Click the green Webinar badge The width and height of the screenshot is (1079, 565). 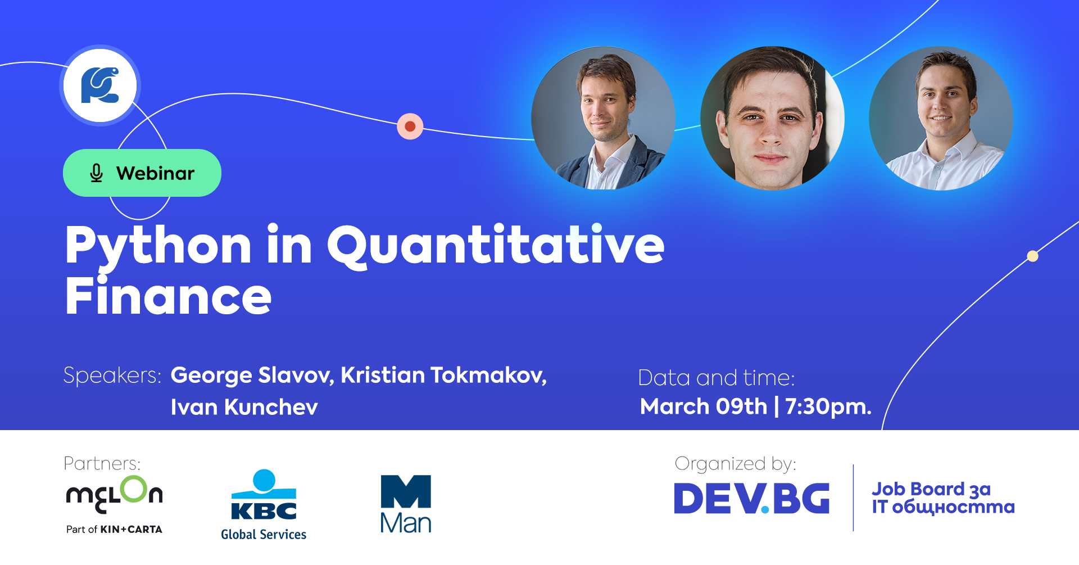[142, 173]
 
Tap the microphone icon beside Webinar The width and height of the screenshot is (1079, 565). [97, 173]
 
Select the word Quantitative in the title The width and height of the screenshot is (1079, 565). [496, 245]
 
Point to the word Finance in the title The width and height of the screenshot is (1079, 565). [168, 296]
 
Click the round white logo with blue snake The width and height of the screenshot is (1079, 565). [100, 85]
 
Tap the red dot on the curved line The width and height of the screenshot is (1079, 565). [410, 126]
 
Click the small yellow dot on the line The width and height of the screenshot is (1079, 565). [1032, 256]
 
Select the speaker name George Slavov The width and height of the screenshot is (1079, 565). [252, 376]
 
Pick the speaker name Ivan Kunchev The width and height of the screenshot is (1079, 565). [244, 407]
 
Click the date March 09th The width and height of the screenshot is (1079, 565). [704, 406]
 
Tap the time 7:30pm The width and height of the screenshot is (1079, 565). [828, 406]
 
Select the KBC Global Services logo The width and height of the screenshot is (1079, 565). [264, 505]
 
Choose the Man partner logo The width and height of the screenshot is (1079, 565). [406, 504]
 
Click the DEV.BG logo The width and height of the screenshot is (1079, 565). [751, 498]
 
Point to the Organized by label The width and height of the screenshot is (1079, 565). [735, 464]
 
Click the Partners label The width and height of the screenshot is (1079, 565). [102, 463]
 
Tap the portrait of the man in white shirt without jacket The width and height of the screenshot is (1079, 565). [941, 118]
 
